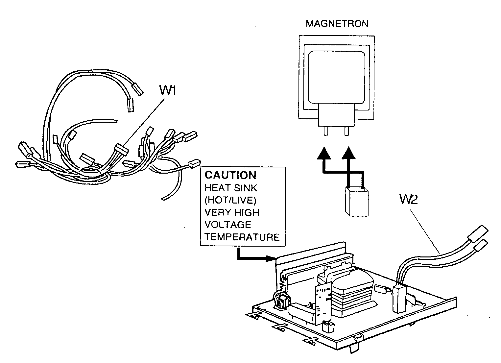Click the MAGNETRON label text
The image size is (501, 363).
tap(337, 24)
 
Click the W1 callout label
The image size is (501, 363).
tap(168, 90)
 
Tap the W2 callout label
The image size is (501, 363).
tap(409, 199)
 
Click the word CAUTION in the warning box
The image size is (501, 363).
tap(230, 175)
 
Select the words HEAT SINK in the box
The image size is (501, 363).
tap(231, 188)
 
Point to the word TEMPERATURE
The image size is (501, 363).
tap(242, 237)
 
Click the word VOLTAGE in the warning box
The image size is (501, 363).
tap(228, 225)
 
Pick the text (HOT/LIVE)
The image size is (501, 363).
tap(230, 200)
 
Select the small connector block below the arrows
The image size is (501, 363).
tap(356, 202)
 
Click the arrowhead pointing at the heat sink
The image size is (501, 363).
tap(272, 258)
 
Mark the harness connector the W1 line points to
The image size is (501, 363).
tap(120, 151)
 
